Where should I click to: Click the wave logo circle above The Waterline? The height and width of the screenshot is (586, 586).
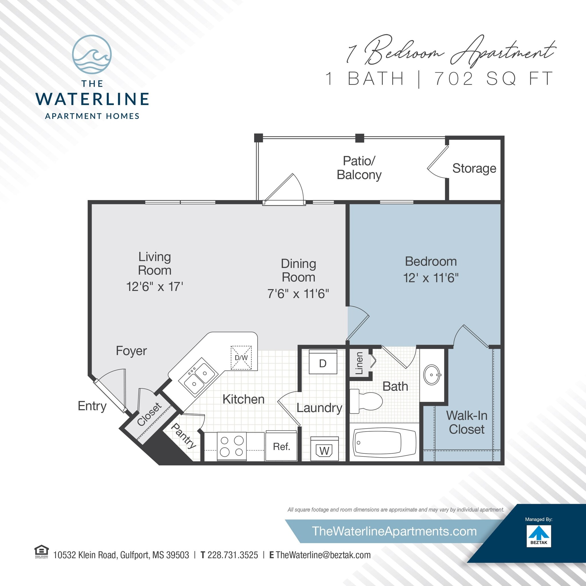point(92,54)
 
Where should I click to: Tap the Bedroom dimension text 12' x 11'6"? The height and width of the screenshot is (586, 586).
point(430,278)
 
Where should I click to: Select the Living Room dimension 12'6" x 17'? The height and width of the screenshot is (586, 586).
point(155,287)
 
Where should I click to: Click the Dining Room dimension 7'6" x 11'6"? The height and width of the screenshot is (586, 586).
point(298,294)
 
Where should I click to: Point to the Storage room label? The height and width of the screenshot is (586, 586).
point(474,168)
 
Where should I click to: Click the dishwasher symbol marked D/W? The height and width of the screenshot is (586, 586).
point(241,358)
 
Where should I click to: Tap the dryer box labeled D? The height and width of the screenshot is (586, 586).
point(323,363)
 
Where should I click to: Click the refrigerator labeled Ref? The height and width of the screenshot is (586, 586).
point(281,446)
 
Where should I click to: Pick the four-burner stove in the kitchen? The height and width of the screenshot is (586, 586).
point(232,446)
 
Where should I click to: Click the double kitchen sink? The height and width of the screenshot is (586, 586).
point(198,377)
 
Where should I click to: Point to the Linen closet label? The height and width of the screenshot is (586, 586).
point(359,363)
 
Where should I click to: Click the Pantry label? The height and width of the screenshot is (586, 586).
point(183,436)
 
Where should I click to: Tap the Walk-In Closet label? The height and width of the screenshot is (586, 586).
point(466,422)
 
